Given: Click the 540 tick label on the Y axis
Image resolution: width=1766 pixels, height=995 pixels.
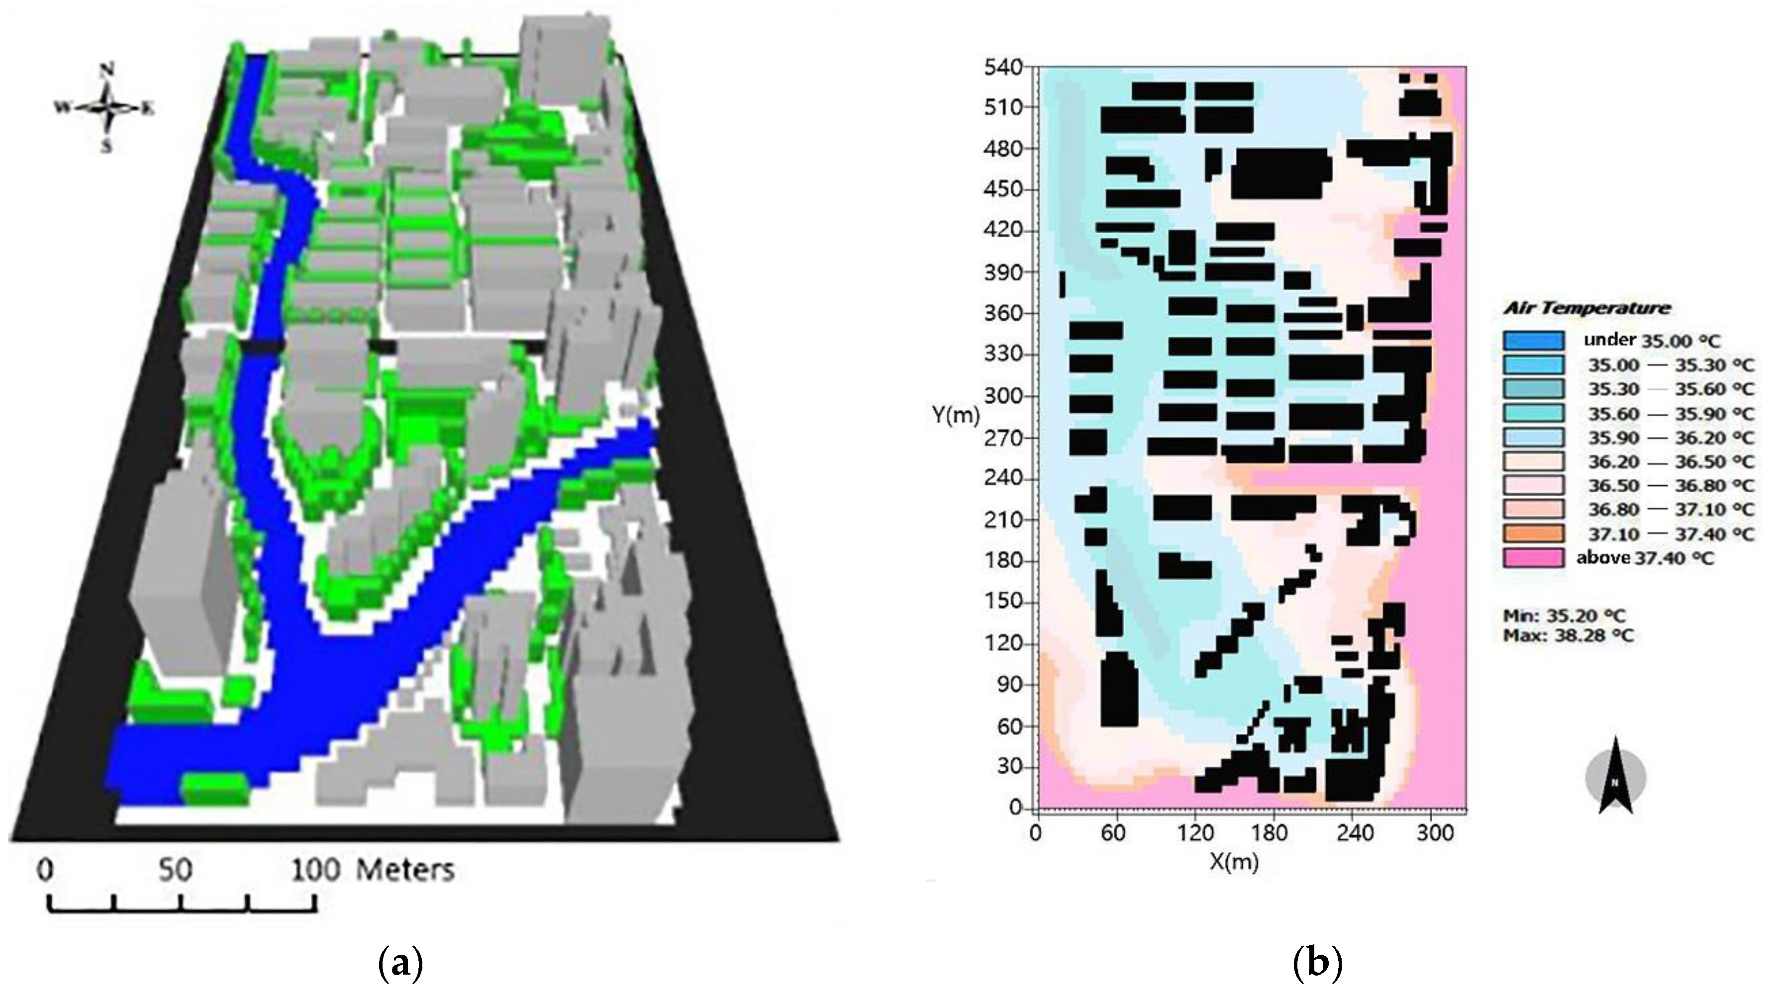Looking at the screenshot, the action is click(x=1003, y=67).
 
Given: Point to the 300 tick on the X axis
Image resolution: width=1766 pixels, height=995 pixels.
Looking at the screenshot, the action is click(x=1435, y=833).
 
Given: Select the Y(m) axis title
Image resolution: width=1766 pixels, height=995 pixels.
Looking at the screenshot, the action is click(x=955, y=415).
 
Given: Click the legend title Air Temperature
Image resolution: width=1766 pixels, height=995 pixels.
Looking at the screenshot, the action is click(x=1586, y=308).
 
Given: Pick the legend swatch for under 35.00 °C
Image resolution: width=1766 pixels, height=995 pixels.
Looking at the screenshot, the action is click(x=1534, y=341).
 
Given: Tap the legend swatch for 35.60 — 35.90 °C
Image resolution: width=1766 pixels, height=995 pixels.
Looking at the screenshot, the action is click(x=1534, y=413).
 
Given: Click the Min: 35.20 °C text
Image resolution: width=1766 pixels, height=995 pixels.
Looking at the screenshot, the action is click(x=1564, y=616).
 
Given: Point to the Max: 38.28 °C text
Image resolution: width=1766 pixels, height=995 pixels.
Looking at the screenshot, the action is click(x=1568, y=635).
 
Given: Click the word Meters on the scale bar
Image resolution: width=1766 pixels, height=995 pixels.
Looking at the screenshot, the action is click(x=405, y=870).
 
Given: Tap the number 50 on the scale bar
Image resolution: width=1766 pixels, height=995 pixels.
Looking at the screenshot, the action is click(x=176, y=870).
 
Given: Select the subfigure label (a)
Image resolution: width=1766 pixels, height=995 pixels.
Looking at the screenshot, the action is click(x=400, y=965).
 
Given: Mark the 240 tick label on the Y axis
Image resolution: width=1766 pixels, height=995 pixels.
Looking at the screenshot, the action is click(x=1003, y=478).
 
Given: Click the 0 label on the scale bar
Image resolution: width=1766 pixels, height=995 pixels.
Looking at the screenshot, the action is click(x=45, y=870).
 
